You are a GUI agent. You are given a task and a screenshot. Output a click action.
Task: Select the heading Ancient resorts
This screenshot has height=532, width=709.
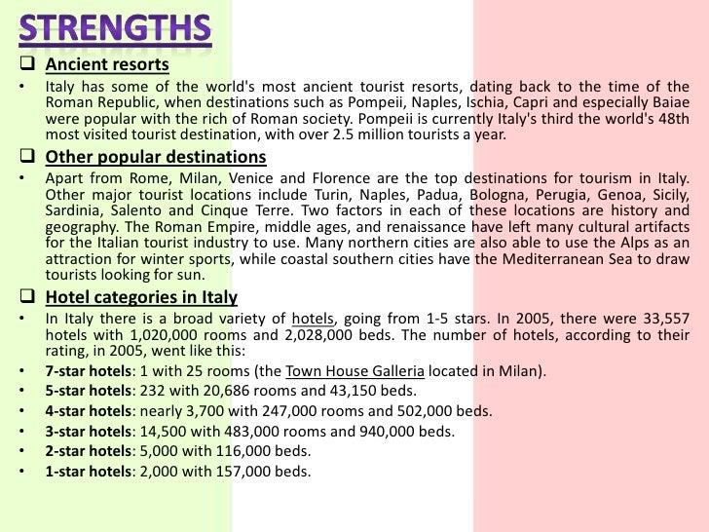(x=107, y=66)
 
